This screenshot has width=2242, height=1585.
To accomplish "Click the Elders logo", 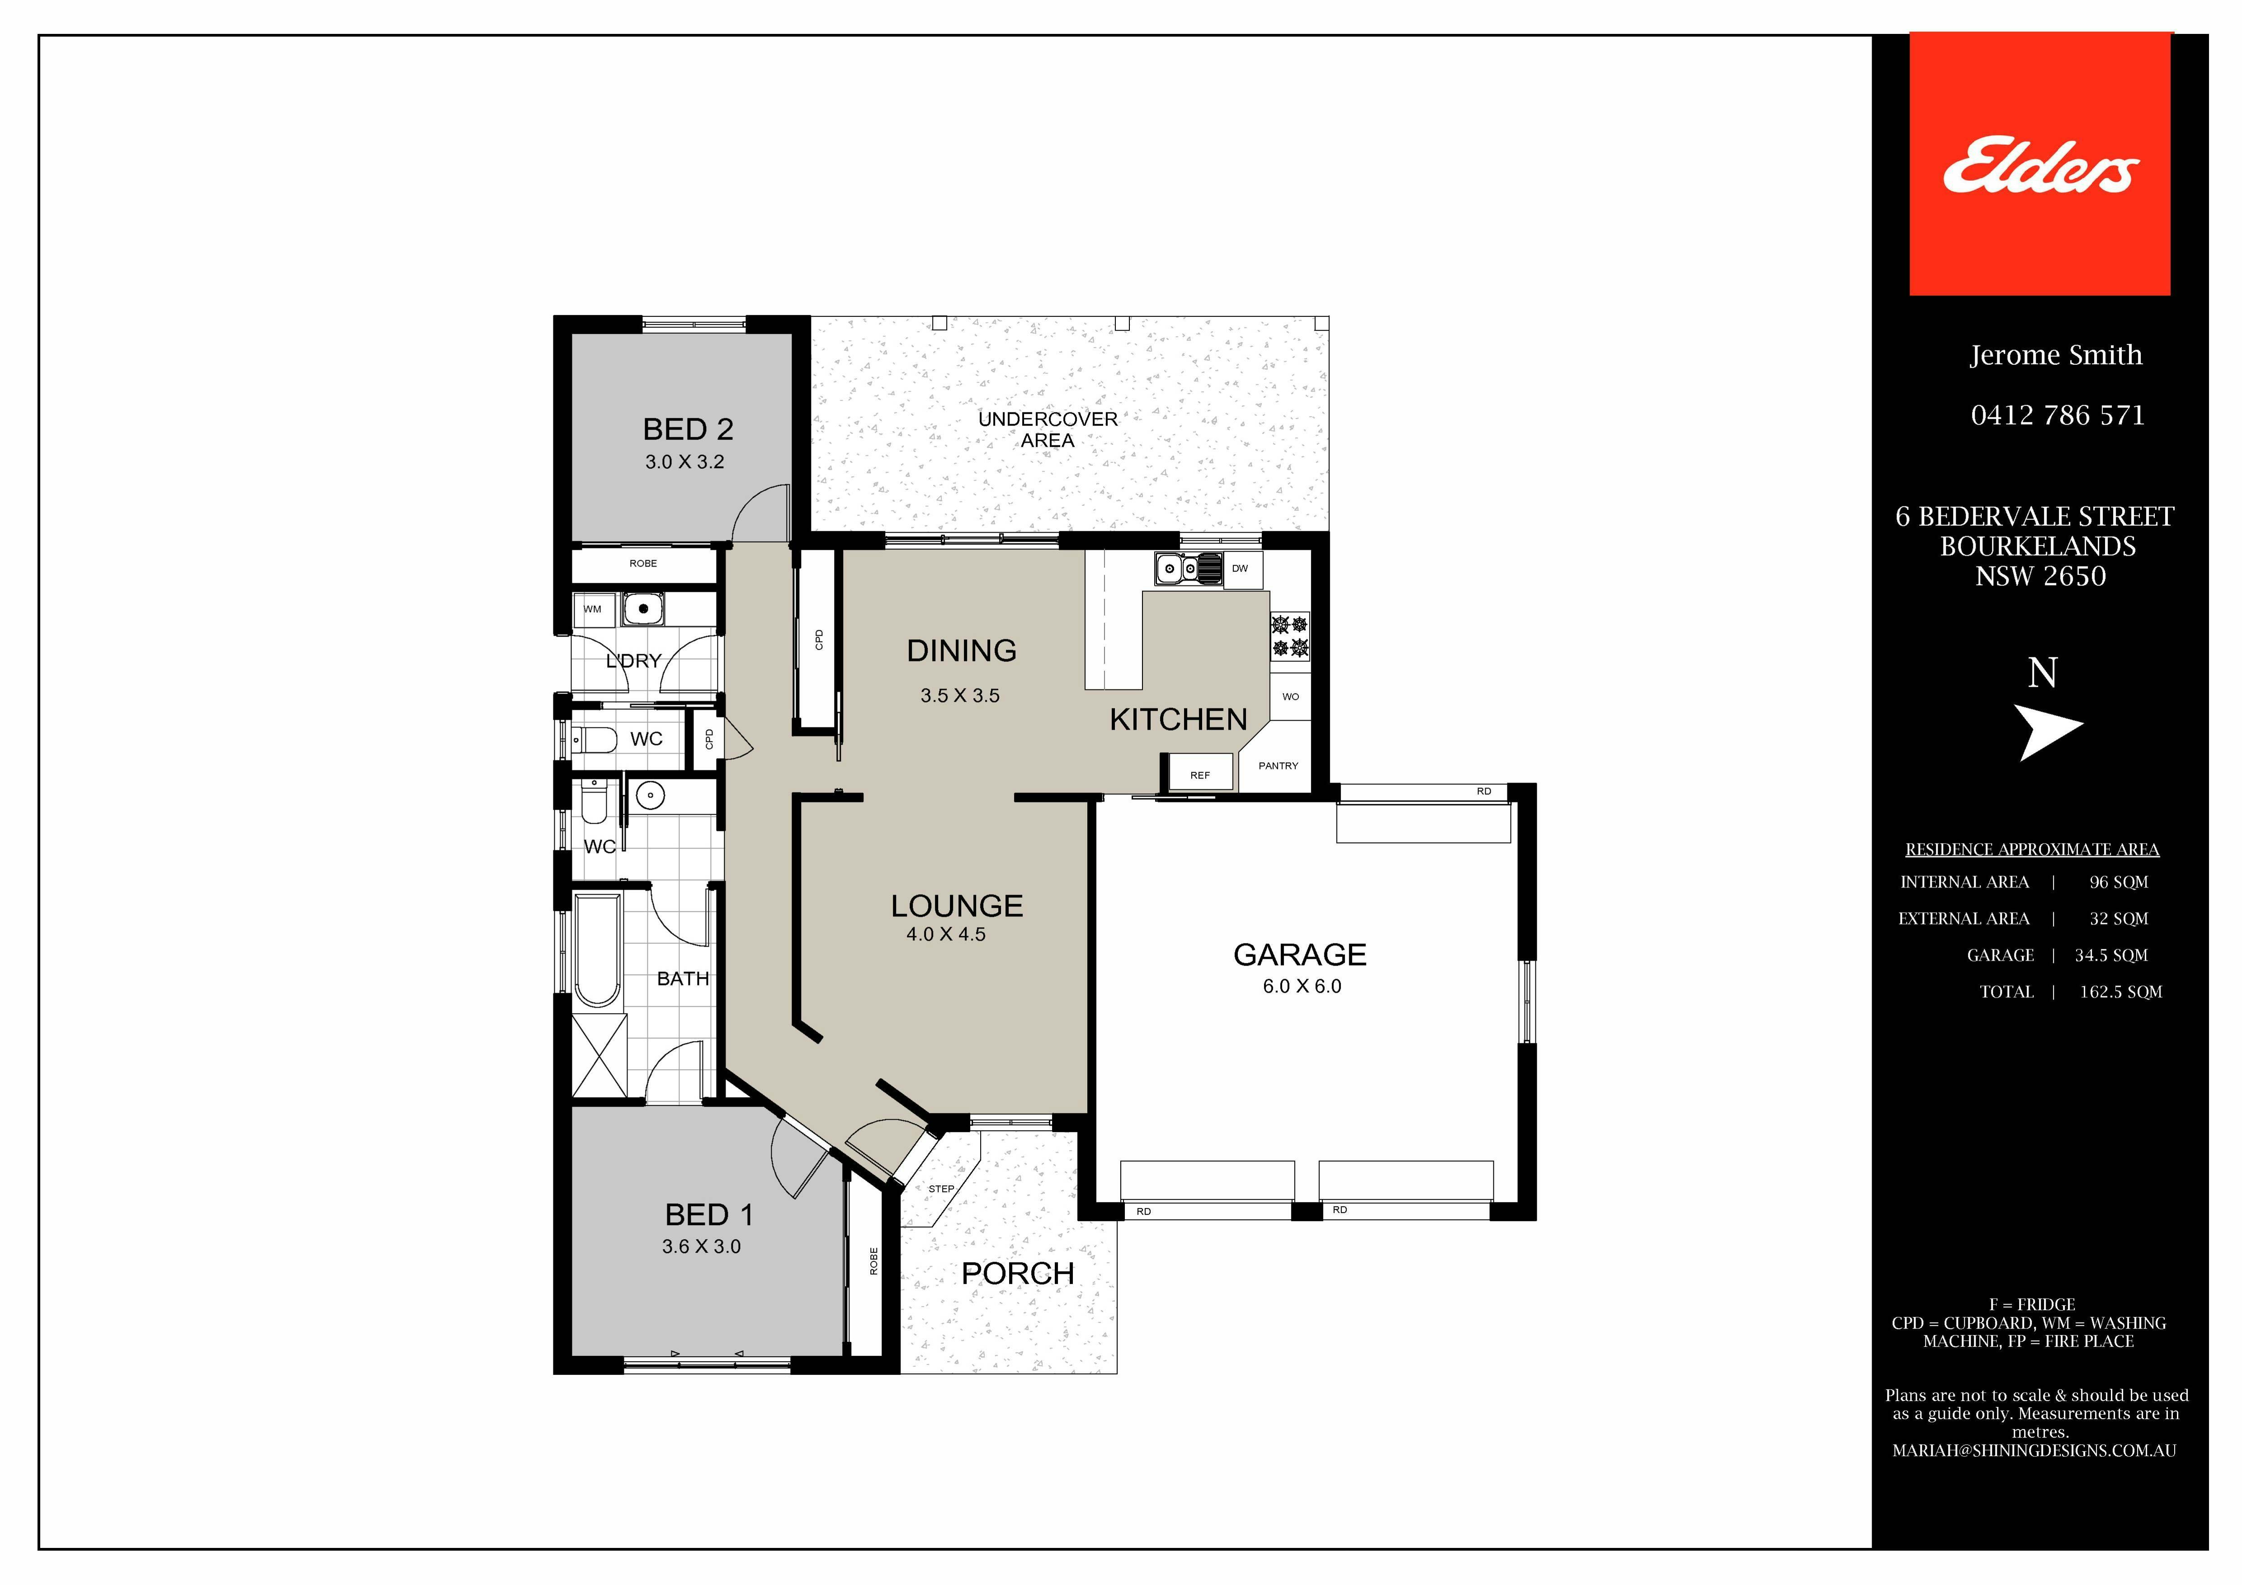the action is click(2040, 164).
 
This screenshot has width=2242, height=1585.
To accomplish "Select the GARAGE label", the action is click(1300, 954).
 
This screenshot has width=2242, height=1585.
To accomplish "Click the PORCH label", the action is click(1018, 1274).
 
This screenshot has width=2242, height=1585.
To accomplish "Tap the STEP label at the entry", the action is click(941, 1189).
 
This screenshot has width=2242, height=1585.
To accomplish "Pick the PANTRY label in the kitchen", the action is click(1278, 766).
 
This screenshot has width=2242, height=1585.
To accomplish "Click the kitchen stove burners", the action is click(1290, 636).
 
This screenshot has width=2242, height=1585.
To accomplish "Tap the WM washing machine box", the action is click(593, 609).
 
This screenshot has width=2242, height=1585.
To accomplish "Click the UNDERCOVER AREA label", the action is click(1048, 429).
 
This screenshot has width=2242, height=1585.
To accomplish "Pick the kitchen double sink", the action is click(1189, 568).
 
